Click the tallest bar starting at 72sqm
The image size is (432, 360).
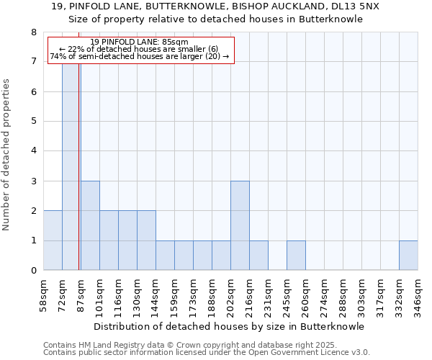pos(71,166)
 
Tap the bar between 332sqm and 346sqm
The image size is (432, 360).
pos(408,256)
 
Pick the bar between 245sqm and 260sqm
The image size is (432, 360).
pos(296,256)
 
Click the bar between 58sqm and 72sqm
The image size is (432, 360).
pos(53,240)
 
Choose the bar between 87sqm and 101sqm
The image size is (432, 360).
pos(90,225)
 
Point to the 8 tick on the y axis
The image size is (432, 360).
pos(33,32)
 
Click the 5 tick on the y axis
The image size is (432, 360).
pos(33,122)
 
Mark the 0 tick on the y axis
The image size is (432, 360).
pos(33,271)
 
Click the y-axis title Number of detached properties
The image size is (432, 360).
pos(7,155)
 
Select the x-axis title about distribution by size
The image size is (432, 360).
pos(229,326)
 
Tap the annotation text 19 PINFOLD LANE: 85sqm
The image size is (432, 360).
pos(140,42)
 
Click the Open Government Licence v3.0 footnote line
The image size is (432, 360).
pos(206,353)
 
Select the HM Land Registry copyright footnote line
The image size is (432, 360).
pos(190,346)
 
